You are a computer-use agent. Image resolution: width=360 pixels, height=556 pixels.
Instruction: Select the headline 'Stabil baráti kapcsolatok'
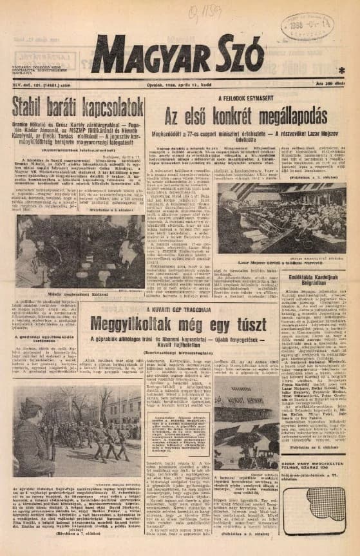pos(78,124)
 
